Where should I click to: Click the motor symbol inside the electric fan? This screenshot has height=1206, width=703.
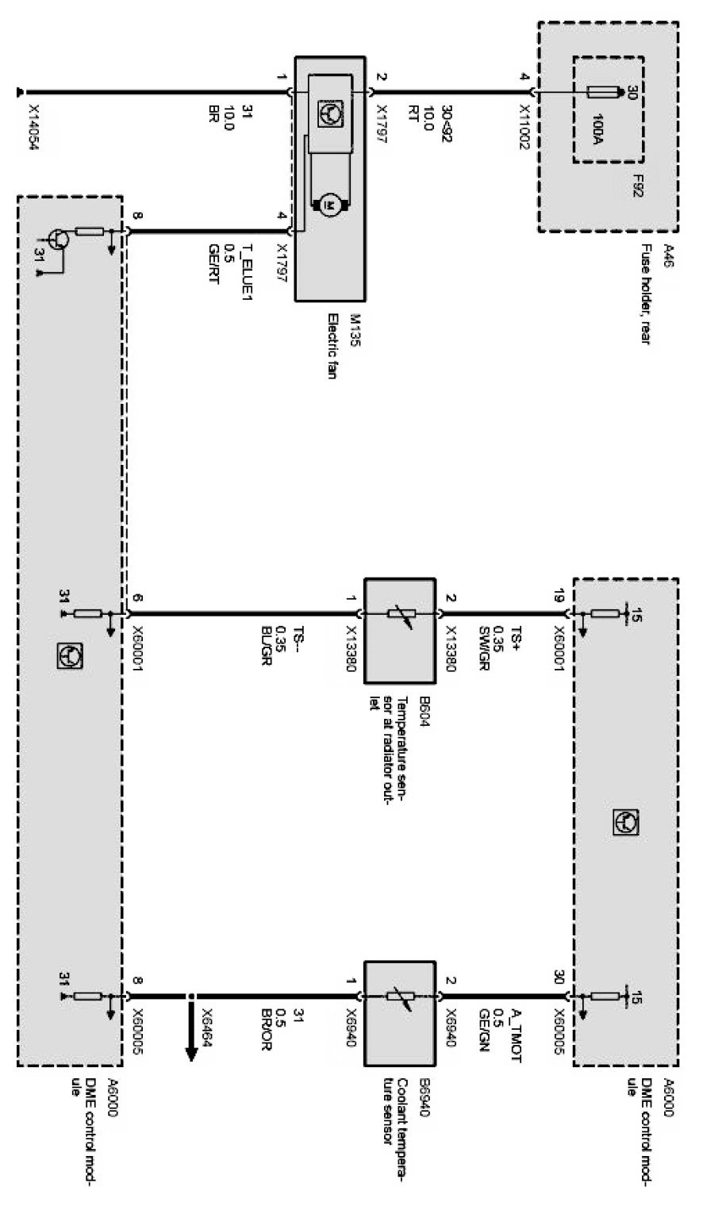[x=328, y=205]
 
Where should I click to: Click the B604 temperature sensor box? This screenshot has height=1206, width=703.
[x=399, y=631]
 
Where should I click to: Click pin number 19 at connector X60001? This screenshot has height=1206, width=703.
[x=559, y=597]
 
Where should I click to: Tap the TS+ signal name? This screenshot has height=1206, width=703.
[x=517, y=639]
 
